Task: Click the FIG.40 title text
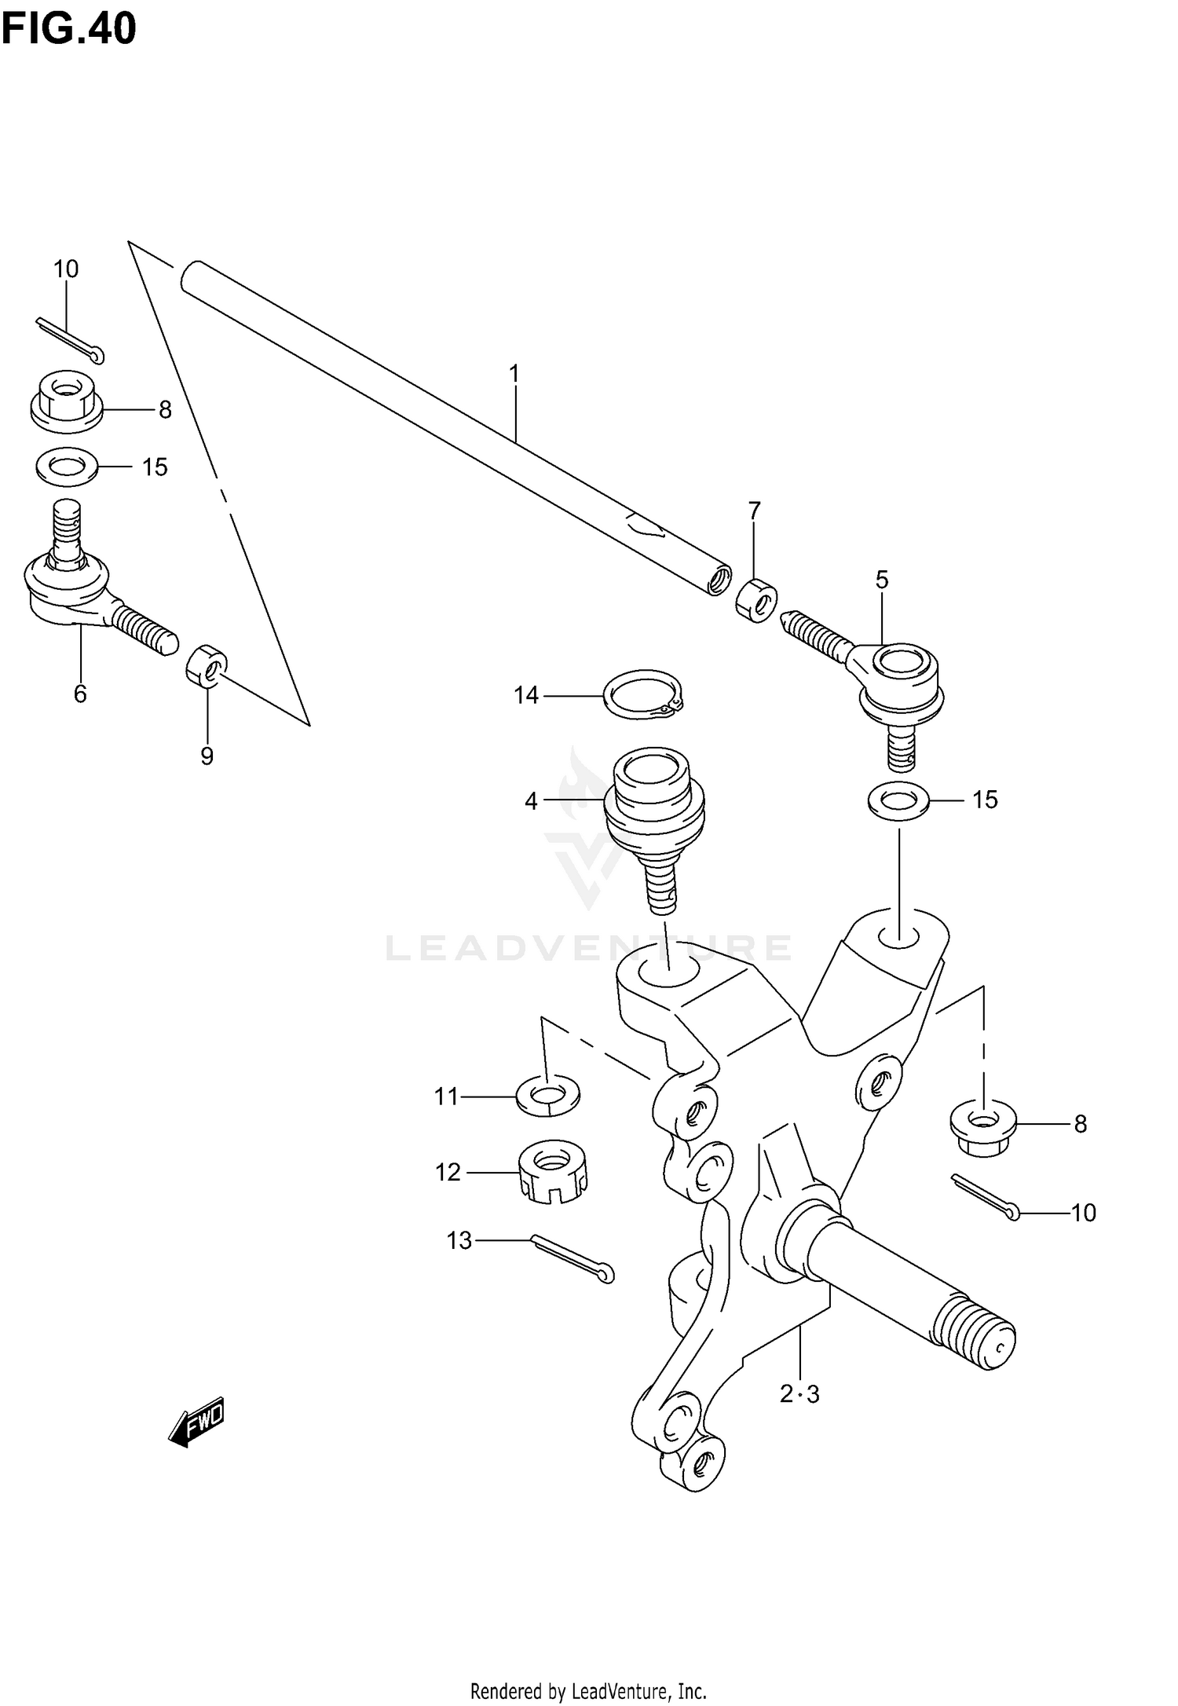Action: pyautogui.click(x=69, y=29)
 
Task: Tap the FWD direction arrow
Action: pyautogui.click(x=197, y=1420)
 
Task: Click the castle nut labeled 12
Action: pyautogui.click(x=553, y=1172)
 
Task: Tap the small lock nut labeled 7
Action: pyautogui.click(x=756, y=600)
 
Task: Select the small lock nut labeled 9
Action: pyautogui.click(x=207, y=664)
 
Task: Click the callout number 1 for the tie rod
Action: pyautogui.click(x=514, y=374)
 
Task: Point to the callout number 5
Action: pyautogui.click(x=882, y=580)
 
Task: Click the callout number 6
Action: pyautogui.click(x=80, y=694)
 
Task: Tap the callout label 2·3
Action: pyautogui.click(x=799, y=1394)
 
